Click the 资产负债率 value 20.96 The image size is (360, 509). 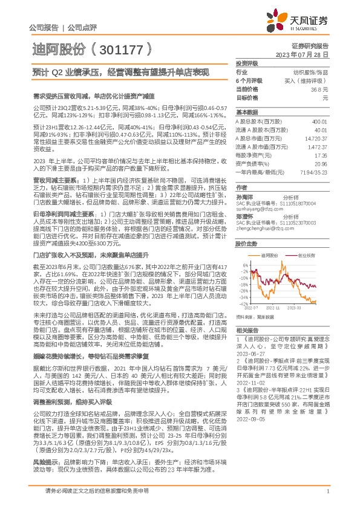pos(321,163)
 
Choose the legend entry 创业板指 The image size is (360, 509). pos(306,256)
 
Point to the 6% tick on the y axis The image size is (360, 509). pos(243,264)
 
